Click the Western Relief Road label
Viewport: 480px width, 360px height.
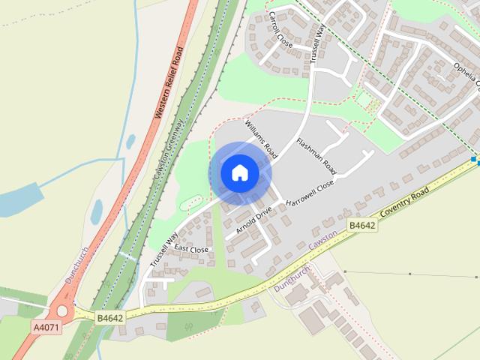[x=169, y=83]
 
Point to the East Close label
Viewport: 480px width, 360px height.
[x=191, y=249]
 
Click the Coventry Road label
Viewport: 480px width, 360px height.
[x=406, y=203]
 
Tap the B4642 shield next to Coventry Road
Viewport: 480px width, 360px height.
[x=361, y=224]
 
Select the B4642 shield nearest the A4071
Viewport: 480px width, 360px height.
[x=109, y=318]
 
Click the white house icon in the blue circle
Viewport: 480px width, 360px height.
[x=239, y=173]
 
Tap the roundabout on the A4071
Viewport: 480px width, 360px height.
[x=61, y=311]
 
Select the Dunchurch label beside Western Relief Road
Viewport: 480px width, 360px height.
[x=76, y=265]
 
